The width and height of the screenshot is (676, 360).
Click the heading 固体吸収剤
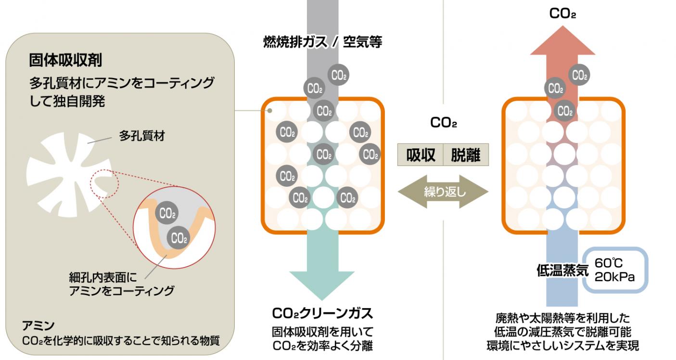pyautogui.click(x=65, y=61)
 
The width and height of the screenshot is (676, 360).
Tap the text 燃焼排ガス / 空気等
pyautogui.click(x=322, y=42)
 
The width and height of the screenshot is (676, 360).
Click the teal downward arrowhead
pyautogui.click(x=322, y=284)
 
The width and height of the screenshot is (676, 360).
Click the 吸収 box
pyautogui.click(x=420, y=155)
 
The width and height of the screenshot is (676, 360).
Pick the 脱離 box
pyautogui.click(x=466, y=155)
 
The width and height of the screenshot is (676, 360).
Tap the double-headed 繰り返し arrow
pyautogui.click(x=443, y=192)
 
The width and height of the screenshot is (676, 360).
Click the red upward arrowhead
pyautogui.click(x=563, y=41)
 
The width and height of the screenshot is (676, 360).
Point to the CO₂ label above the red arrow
pyautogui.click(x=562, y=13)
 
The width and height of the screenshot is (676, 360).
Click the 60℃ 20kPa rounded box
pyautogui.click(x=616, y=270)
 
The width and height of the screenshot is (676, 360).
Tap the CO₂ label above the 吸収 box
pyautogui.click(x=443, y=123)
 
